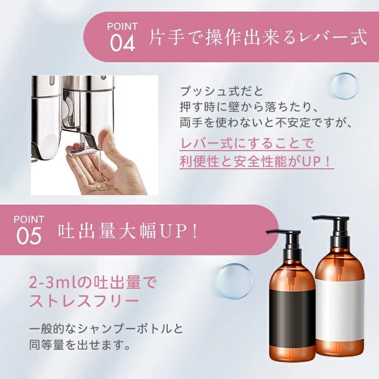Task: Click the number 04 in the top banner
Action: [x=122, y=43]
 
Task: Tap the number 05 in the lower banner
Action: [x=29, y=235]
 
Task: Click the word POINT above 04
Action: [x=122, y=26]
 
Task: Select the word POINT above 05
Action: [x=29, y=219]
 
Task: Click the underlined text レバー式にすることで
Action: [x=247, y=144]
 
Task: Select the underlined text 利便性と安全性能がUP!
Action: [x=257, y=162]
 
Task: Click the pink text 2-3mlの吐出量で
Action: [x=93, y=282]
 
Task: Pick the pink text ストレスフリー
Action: [x=84, y=301]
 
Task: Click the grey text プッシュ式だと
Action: [x=222, y=91]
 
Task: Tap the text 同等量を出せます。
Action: [x=79, y=345]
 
